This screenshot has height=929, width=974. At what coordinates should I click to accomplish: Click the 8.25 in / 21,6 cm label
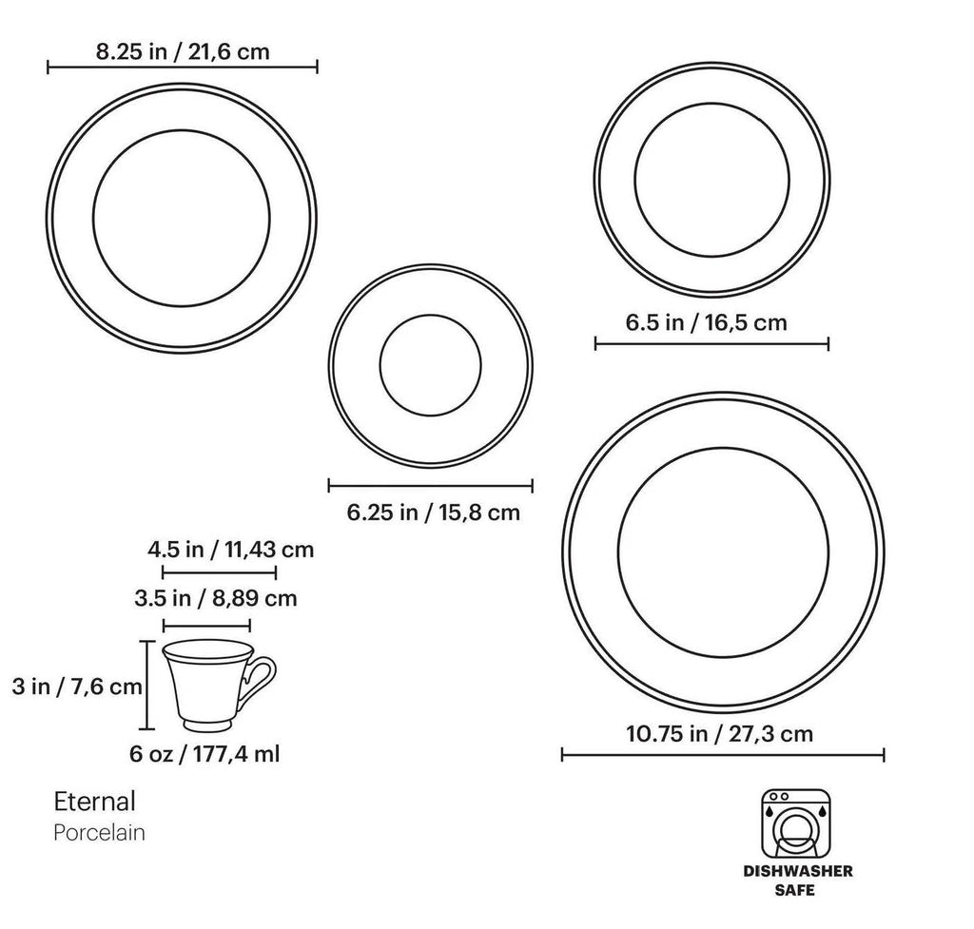pyautogui.click(x=182, y=51)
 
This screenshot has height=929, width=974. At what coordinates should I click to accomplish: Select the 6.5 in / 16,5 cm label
pyautogui.click(x=706, y=322)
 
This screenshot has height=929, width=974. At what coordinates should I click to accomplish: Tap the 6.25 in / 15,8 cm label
pyautogui.click(x=433, y=513)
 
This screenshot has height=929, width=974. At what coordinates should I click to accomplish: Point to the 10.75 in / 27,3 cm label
pyautogui.click(x=719, y=733)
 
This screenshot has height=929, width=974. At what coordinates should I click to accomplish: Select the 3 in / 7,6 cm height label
pyautogui.click(x=72, y=686)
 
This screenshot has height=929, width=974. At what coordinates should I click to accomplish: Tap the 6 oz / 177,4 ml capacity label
pyautogui.click(x=205, y=753)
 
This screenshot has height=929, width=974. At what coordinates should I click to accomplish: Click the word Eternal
pyautogui.click(x=94, y=801)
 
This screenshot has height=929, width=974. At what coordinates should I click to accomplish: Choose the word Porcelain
pyautogui.click(x=99, y=833)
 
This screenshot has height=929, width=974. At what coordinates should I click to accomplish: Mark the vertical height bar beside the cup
pyautogui.click(x=146, y=684)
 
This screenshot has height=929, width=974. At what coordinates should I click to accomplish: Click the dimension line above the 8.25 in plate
pyautogui.click(x=182, y=68)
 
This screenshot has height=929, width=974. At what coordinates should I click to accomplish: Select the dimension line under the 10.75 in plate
pyautogui.click(x=723, y=755)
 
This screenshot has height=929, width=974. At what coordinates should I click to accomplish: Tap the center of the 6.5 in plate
pyautogui.click(x=712, y=179)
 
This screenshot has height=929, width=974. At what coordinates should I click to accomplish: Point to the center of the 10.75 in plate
pyautogui.click(x=723, y=552)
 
